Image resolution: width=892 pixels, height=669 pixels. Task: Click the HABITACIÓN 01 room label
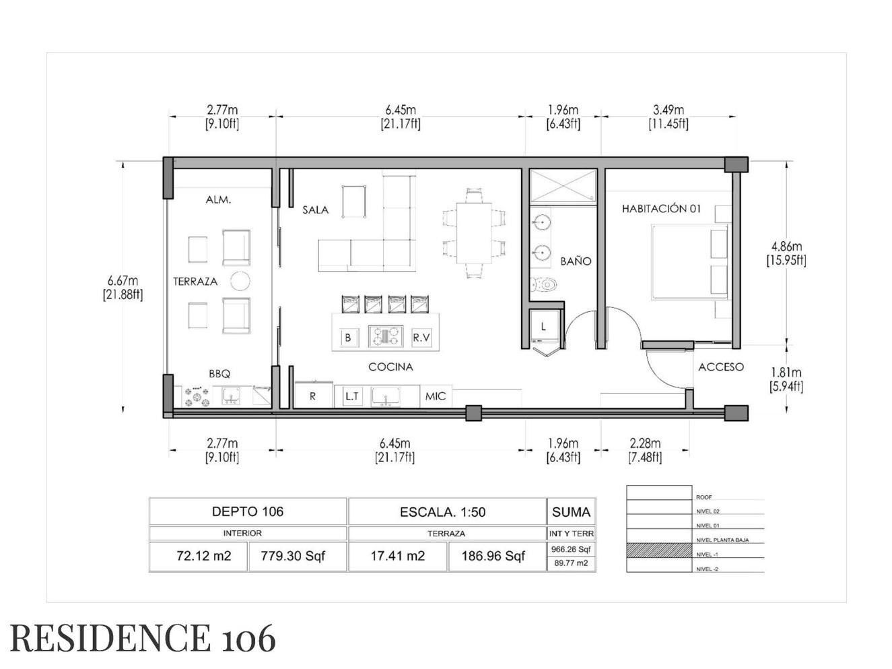661,209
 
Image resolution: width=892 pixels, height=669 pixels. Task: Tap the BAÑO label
576,261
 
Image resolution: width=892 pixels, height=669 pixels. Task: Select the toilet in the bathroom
543,284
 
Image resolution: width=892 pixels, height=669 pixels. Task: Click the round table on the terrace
240,281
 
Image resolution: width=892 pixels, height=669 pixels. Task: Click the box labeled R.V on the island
421,338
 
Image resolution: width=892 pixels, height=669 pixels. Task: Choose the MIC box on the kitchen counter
436,396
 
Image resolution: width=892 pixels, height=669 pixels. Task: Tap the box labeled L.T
352,396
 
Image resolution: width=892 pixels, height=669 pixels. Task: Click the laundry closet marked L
544,327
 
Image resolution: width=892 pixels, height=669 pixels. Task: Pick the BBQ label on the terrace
219,374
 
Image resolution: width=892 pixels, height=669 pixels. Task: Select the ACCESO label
720,367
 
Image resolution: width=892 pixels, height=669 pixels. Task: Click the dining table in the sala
473,233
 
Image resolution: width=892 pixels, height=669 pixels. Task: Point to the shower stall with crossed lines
563,186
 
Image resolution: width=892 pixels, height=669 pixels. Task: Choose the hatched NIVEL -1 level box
659,550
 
